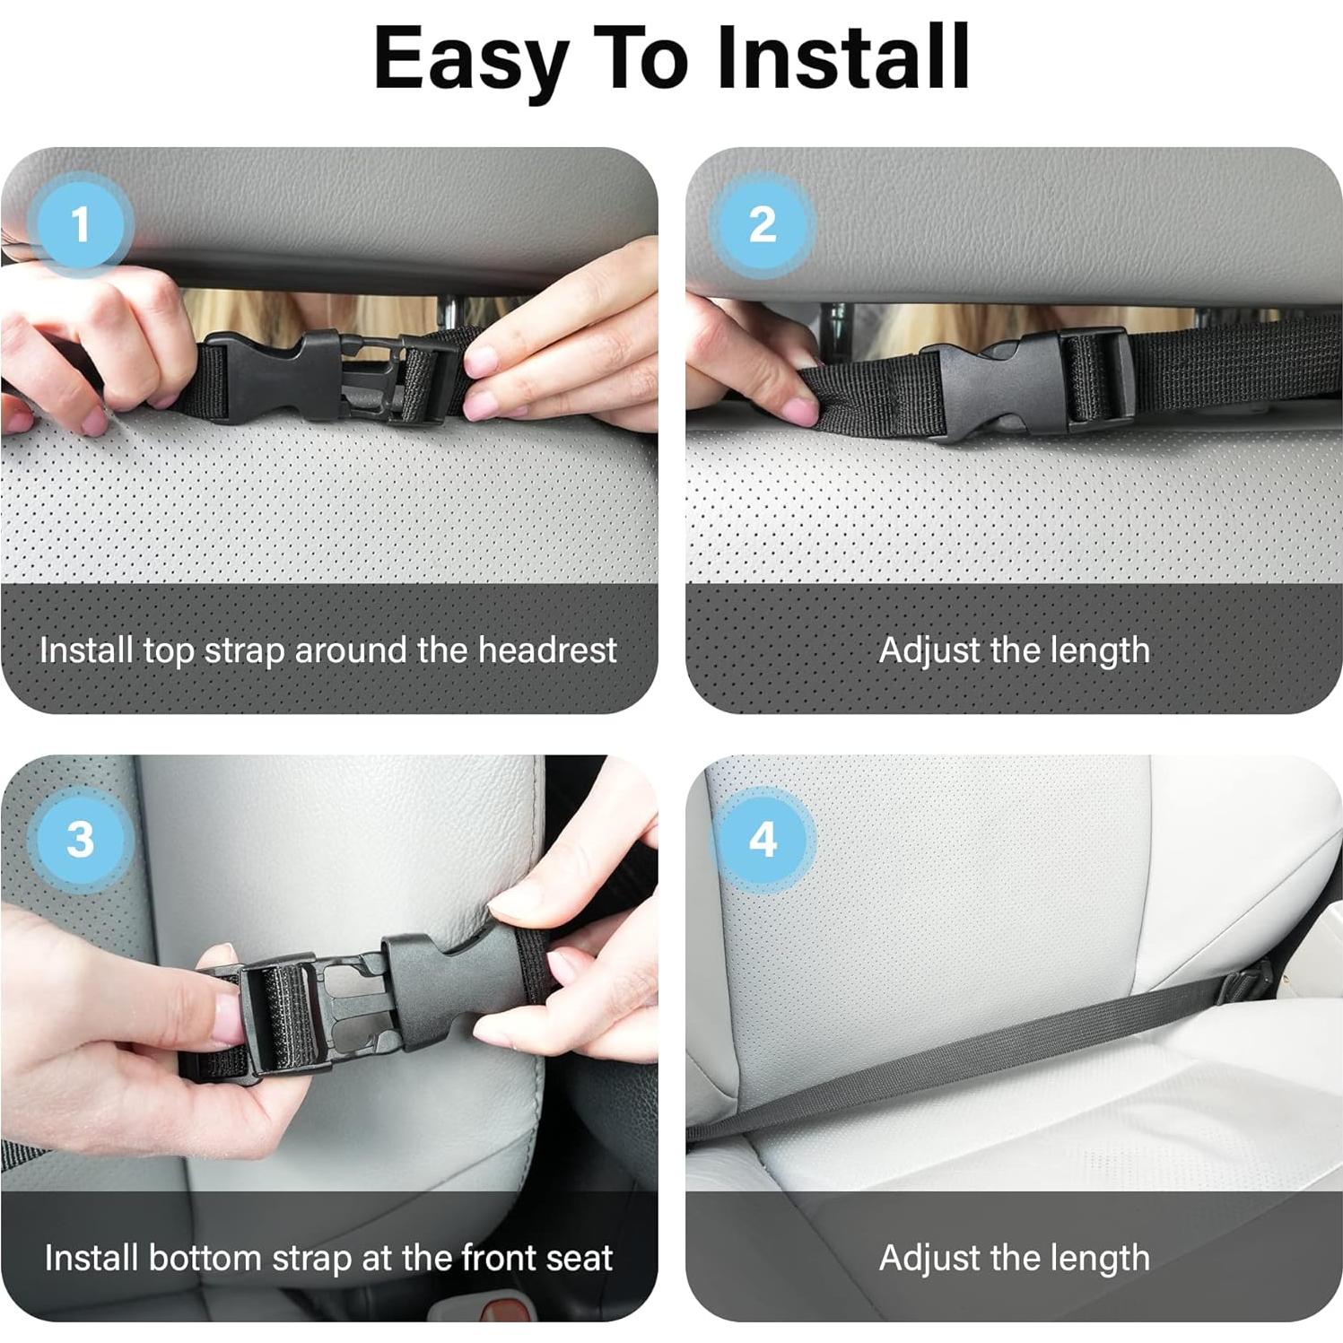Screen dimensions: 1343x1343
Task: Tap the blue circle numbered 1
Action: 81,224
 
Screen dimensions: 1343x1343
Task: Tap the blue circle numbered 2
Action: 763,224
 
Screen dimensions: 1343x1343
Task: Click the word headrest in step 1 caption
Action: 547,650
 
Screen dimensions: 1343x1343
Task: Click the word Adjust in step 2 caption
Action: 929,650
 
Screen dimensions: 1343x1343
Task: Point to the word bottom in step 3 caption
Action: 205,1258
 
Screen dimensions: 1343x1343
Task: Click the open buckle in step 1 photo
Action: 323,375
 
